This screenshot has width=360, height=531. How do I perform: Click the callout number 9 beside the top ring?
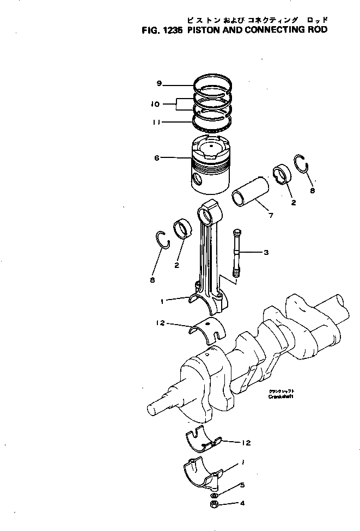159,83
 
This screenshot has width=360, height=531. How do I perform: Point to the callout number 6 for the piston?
157,158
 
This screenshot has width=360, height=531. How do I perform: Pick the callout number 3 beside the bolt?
266,252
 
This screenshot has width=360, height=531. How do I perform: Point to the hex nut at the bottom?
214,505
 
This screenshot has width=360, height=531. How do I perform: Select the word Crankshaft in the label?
280,397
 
